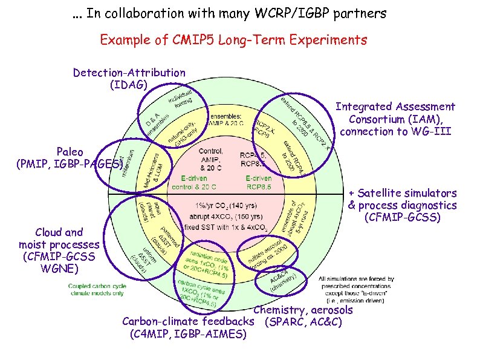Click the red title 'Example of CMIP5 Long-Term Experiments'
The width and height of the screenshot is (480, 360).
[233, 40]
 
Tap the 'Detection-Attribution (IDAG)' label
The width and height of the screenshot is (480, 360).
[129, 79]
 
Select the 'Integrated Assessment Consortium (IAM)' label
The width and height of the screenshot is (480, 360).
[395, 119]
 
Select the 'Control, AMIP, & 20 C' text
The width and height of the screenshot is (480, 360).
[211, 159]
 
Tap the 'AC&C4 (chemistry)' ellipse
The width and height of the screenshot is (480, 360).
[279, 280]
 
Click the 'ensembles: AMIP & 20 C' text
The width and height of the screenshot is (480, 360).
[226, 120]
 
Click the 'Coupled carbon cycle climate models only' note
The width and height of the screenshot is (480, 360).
[96, 289]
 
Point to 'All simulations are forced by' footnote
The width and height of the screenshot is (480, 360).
[356, 279]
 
